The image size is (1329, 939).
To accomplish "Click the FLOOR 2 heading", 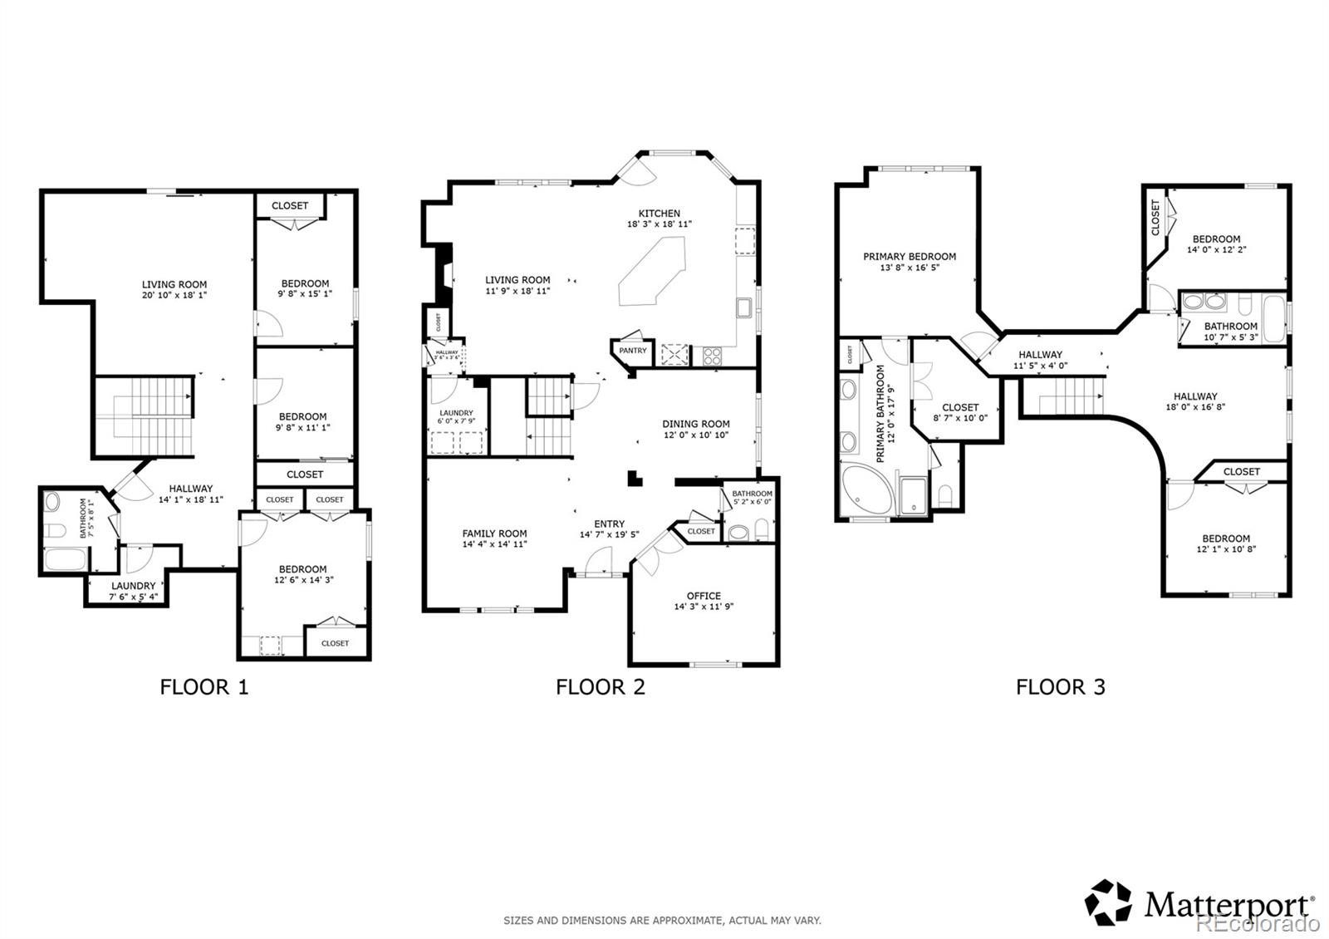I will (x=600, y=686).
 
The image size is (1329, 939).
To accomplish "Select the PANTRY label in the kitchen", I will (x=632, y=351).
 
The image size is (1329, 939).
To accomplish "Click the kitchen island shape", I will (x=652, y=271).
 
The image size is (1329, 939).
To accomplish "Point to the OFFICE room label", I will (x=704, y=596).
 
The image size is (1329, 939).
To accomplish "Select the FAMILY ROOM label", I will (x=494, y=533).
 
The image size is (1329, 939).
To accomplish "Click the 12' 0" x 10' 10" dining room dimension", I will (x=696, y=435).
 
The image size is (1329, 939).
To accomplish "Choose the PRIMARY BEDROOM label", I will (x=909, y=257).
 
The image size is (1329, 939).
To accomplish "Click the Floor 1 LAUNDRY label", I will (x=133, y=586).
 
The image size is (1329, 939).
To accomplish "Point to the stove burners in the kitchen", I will (x=713, y=356).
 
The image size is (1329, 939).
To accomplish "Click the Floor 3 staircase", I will (x=1064, y=394).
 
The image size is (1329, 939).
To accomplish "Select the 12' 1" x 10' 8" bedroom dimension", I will (x=1226, y=549).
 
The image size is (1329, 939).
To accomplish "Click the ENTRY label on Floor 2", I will (x=609, y=524).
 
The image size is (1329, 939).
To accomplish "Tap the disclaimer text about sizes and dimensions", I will (x=662, y=920).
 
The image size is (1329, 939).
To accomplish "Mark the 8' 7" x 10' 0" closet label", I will (x=960, y=418).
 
